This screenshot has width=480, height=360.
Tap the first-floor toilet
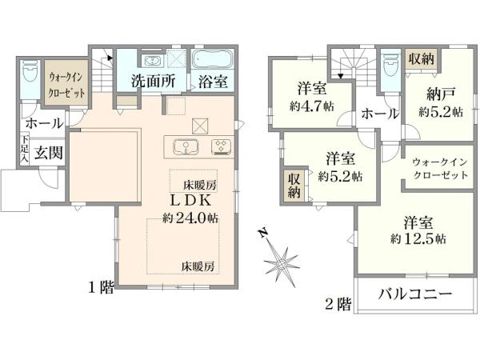(x=30, y=70)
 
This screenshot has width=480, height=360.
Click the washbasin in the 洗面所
(x=151, y=60)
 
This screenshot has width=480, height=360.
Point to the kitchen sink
(x=186, y=146)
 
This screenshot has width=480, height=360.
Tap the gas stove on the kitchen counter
(x=221, y=146)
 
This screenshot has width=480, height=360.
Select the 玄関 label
(x=48, y=152)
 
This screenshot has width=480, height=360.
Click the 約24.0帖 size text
(x=190, y=218)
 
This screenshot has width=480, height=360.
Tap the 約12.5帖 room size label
(x=418, y=238)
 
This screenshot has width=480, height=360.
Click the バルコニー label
(x=415, y=294)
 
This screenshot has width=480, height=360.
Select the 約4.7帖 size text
(x=312, y=106)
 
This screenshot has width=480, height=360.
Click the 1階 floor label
(x=101, y=287)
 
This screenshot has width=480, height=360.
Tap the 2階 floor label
(x=338, y=304)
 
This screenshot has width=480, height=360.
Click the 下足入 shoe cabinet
(x=25, y=148)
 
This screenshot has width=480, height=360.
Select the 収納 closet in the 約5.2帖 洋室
(x=294, y=186)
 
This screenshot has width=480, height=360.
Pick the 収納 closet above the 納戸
(x=421, y=58)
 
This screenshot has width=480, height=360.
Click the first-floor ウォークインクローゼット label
(x=66, y=85)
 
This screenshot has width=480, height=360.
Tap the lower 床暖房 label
(x=198, y=266)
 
